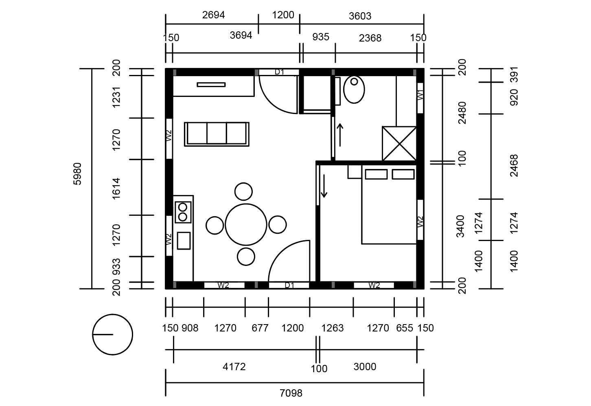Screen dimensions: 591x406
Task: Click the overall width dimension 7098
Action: pyautogui.click(x=291, y=393)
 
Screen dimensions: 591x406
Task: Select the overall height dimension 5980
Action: pyautogui.click(x=77, y=174)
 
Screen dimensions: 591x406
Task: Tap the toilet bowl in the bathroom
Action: pyautogui.click(x=354, y=90)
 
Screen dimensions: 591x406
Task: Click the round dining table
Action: pyautogui.click(x=246, y=224)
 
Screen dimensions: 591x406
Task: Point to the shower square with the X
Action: pyautogui.click(x=399, y=144)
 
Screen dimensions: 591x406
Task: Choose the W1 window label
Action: pyautogui.click(x=420, y=95)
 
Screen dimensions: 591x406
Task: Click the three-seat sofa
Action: pyautogui.click(x=217, y=134)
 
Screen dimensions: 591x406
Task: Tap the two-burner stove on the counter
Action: pyautogui.click(x=183, y=212)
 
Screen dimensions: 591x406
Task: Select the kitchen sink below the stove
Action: pyautogui.click(x=184, y=241)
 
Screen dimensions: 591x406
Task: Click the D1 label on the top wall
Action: pyautogui.click(x=279, y=72)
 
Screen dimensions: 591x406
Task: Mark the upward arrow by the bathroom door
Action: pyautogui.click(x=340, y=135)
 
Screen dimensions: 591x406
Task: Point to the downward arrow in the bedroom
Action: pyautogui.click(x=324, y=186)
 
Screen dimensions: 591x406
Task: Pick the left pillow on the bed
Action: pyautogui.click(x=376, y=174)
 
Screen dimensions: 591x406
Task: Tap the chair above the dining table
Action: pyautogui.click(x=243, y=191)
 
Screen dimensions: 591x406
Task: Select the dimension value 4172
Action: pyautogui.click(x=234, y=366)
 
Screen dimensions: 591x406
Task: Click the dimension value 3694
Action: pyautogui.click(x=241, y=35)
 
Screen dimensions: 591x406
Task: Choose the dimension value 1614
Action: pyautogui.click(x=116, y=189)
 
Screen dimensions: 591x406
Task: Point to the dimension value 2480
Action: pyautogui.click(x=462, y=113)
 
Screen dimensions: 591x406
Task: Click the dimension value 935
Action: pyautogui.click(x=321, y=37)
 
